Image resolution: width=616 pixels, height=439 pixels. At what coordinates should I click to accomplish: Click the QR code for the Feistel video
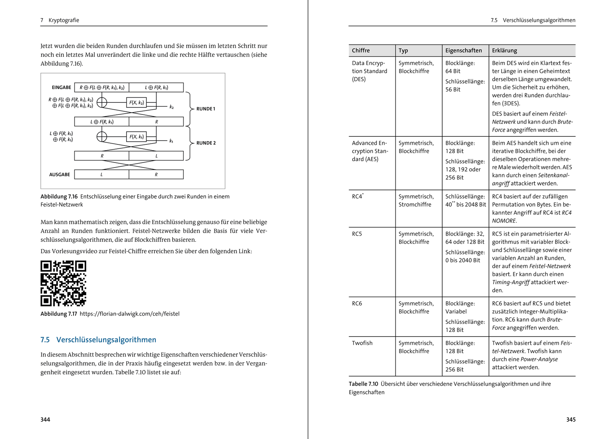[x=63, y=283]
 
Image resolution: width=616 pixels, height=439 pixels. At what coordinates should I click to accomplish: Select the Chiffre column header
[x=361, y=50]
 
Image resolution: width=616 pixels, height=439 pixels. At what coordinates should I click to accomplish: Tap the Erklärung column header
[x=504, y=50]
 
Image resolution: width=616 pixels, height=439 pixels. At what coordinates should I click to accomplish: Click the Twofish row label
[x=362, y=343]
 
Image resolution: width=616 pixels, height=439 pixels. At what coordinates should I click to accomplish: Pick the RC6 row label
[x=357, y=303]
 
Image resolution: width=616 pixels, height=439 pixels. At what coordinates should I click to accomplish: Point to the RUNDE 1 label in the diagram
[x=206, y=109]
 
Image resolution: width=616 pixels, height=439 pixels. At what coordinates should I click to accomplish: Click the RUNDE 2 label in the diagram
[x=206, y=143]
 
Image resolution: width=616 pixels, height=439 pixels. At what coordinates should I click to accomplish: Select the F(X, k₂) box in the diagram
[x=137, y=102]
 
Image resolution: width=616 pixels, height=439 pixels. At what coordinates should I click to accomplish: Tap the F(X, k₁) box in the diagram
[x=137, y=137]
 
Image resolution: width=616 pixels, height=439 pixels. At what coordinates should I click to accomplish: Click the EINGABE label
[x=62, y=87]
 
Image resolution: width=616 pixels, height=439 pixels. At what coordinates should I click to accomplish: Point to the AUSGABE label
[x=60, y=174]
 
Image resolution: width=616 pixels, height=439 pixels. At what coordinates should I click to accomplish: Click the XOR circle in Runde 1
[x=102, y=102]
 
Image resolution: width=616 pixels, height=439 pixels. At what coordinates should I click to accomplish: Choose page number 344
[x=45, y=419]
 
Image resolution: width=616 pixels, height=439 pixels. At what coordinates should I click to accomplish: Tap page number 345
[x=571, y=419]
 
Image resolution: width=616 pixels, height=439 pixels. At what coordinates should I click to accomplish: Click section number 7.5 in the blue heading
[x=45, y=340]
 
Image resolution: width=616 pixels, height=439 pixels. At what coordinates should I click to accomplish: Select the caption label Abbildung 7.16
[x=59, y=196]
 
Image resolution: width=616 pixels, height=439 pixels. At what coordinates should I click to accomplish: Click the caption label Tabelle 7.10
[x=363, y=384]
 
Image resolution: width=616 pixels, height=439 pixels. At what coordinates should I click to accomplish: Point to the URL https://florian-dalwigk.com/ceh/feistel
[x=129, y=314]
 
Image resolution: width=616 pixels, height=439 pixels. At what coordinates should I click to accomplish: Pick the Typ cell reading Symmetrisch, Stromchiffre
[x=416, y=200]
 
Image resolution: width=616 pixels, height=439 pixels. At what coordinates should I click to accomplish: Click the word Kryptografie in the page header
[x=64, y=20]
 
